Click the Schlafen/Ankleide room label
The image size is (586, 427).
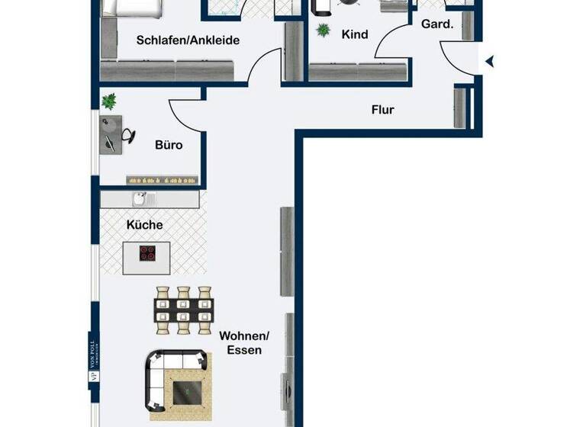188,40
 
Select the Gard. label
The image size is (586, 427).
437,24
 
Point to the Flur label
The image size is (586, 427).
382,110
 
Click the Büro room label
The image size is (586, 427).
168,145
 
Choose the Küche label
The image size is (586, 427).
144,225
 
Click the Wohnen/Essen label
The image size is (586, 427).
244,343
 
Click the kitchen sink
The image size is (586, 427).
142,200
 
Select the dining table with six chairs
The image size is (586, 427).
183,310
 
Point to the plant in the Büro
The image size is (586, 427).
110,101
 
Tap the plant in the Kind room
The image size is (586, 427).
323,30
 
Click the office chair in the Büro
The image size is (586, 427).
128,135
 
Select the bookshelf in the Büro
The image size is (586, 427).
163,179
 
